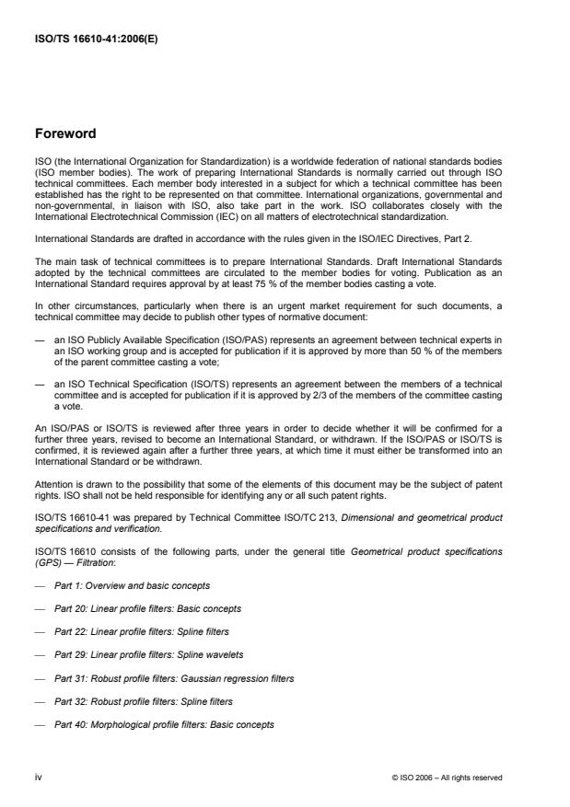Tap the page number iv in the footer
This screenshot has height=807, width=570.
tap(39, 777)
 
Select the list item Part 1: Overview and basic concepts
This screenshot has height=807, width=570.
tap(134, 585)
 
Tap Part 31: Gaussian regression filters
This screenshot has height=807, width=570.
tap(171, 677)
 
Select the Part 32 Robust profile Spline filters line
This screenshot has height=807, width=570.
tap(144, 700)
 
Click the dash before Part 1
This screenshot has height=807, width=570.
tap(41, 585)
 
